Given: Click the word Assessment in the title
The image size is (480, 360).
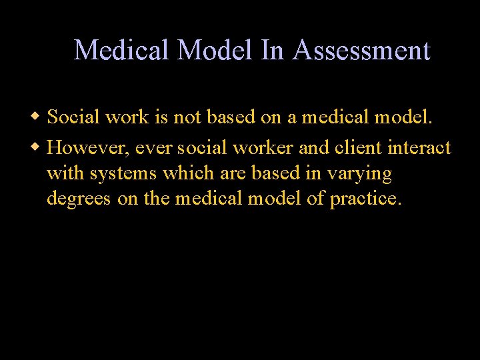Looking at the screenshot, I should (x=361, y=51).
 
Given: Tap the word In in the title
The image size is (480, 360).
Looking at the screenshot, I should (x=272, y=51).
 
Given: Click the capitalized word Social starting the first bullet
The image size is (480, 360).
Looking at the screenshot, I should (x=73, y=119).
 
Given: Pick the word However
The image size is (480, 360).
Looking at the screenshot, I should (x=85, y=147).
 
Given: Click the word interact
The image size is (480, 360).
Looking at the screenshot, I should (x=423, y=147).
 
